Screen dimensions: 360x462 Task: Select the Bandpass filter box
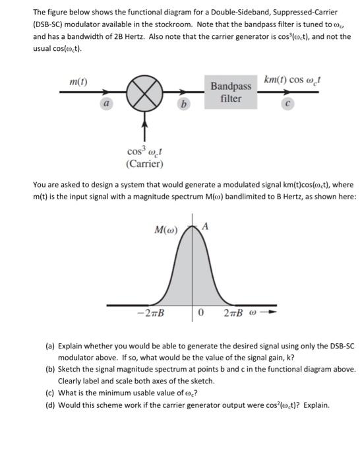231,93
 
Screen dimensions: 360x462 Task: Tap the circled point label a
105,104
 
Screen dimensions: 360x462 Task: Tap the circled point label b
183,104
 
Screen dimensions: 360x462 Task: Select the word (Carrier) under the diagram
143,164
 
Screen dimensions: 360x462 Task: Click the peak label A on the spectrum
205,226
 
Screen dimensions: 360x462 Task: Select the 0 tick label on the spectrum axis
200,313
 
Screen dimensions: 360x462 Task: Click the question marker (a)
50,345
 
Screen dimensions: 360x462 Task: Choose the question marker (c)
50,393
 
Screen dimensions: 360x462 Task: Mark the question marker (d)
50,405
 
